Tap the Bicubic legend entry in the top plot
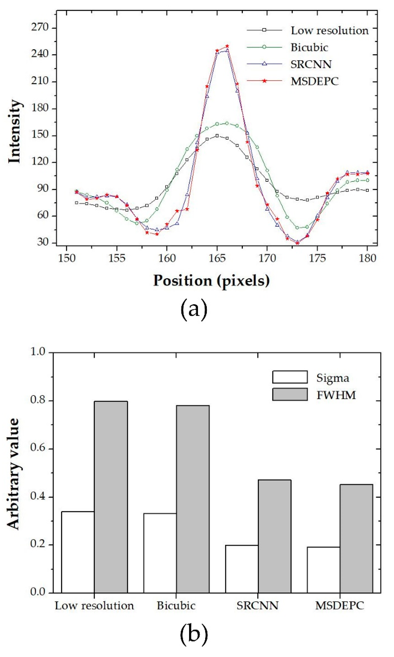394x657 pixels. coord(309,48)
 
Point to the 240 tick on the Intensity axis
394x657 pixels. coord(40,54)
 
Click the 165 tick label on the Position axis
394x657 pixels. coord(217,258)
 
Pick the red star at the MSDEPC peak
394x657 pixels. coord(227,46)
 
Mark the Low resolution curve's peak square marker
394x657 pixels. coord(217,136)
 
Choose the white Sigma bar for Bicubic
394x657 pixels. coord(160,553)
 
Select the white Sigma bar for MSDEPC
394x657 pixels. coord(323,570)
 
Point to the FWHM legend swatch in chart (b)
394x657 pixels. coord(290,394)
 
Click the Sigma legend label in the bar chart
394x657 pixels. coord(332,378)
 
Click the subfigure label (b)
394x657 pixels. coord(194,635)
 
